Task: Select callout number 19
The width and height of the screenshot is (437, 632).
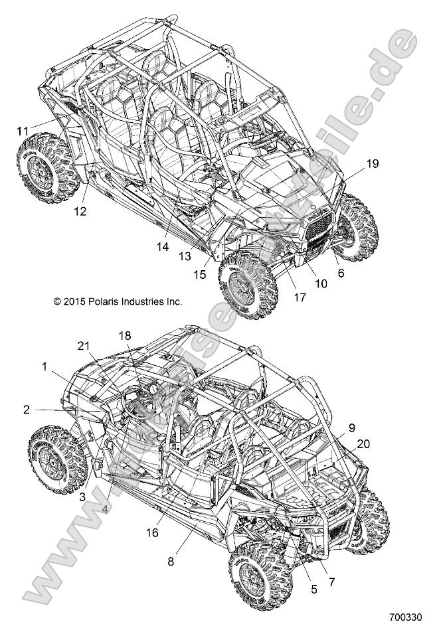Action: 373,163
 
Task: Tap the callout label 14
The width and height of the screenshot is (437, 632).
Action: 163,246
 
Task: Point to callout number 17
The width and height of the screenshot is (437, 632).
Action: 300,297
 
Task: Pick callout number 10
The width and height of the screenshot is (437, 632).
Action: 321,283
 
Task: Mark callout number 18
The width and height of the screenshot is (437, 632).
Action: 126,336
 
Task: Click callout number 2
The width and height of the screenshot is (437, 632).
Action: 26,410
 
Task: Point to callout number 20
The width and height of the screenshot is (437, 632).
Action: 364,443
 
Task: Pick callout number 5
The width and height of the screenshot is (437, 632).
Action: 313,588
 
